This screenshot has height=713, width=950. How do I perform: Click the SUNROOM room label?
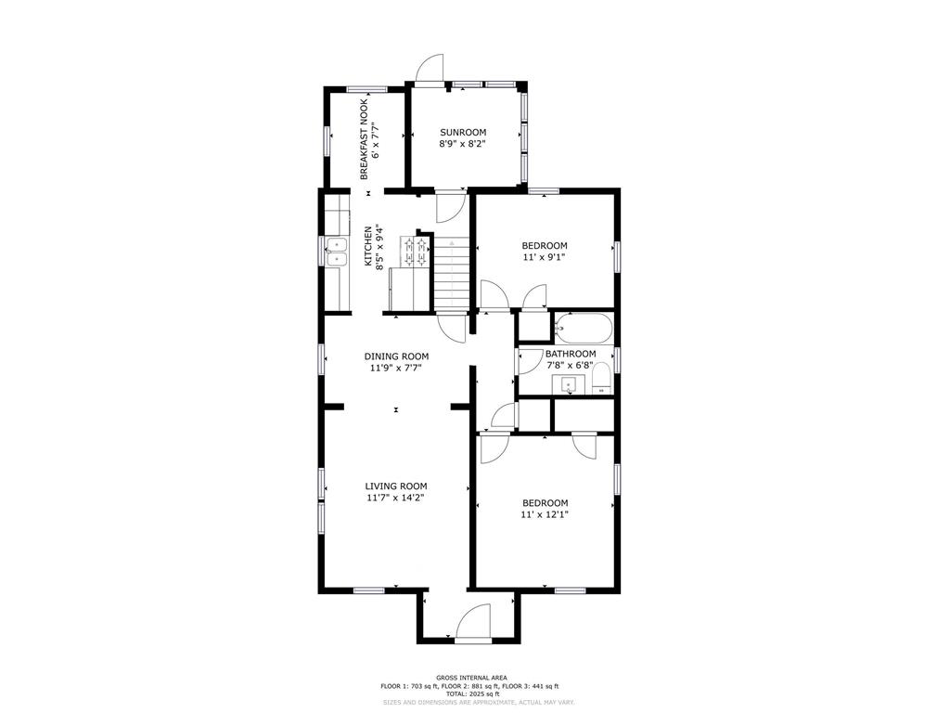463,132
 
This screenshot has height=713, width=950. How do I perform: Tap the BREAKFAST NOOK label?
364,139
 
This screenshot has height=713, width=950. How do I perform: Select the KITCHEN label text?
367,247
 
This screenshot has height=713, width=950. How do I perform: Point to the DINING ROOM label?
396,356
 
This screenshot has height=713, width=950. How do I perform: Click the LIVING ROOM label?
395,486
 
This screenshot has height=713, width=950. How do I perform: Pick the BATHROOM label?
571,354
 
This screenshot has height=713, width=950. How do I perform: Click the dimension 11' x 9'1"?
545,257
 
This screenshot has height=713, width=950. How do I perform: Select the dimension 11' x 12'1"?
545,514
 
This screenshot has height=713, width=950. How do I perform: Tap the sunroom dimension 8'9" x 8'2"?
463,144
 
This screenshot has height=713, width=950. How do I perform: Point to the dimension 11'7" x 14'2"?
395,498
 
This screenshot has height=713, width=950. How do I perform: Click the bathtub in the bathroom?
584,328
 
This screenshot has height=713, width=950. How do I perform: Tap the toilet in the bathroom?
601,379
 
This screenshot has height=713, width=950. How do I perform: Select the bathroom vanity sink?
569,384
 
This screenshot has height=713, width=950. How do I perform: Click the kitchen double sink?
336,253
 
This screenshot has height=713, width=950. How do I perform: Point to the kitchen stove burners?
415,252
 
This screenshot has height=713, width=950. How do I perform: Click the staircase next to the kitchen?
452,276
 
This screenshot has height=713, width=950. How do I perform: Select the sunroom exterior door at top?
430,68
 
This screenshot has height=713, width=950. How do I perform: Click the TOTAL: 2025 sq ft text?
472,694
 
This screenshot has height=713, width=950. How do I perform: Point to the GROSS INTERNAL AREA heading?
472,678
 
